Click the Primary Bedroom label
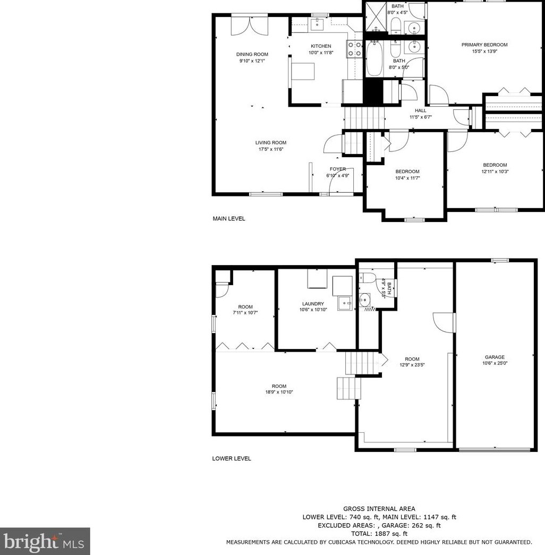coord(484,45)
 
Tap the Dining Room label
coord(252,54)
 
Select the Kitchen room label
coord(321,46)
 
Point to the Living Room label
coord(270,142)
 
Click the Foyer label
coord(337,169)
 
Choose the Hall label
coord(420,110)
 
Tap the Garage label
coord(495,357)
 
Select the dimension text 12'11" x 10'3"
coord(495,172)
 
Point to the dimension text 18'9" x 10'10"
coord(279,392)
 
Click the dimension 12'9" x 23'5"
coord(412,365)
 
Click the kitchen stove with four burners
coord(354,49)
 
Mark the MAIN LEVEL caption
coord(229,218)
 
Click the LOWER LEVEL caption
coord(232,458)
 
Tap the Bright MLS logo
coord(45,541)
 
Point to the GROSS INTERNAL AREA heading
coord(379,509)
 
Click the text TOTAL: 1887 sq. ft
coord(379,534)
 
